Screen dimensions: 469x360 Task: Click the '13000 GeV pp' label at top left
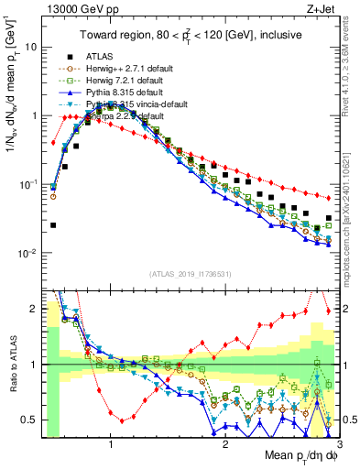click(x=71, y=8)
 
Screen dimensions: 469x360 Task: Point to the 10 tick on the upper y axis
click(x=29, y=47)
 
